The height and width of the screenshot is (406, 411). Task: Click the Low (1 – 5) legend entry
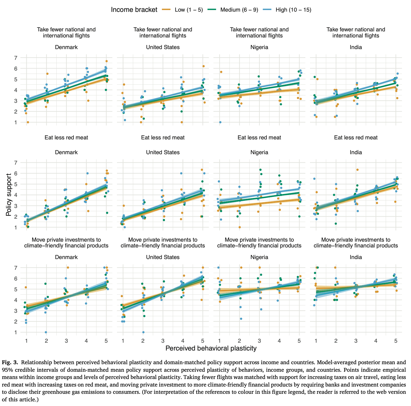coord(189,10)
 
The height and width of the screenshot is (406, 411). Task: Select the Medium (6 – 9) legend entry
coord(239,10)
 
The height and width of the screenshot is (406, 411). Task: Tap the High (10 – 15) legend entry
coord(293,10)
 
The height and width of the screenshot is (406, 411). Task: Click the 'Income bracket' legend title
coord(134,10)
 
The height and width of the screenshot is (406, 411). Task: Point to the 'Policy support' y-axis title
coord(9,195)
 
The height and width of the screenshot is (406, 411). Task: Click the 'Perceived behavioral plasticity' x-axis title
coord(211,348)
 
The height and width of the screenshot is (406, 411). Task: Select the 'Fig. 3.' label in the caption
coord(10,362)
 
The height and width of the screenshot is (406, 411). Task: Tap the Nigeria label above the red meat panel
coord(259,152)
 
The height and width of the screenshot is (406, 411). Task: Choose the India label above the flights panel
coord(356,47)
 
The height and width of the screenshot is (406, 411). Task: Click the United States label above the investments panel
coord(163,257)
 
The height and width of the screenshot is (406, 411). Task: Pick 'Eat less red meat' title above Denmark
coord(66,138)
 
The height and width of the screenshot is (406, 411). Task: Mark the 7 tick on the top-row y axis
coord(16,58)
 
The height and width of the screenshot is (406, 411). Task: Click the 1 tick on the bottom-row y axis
coord(16,332)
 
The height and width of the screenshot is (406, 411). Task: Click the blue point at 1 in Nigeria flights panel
coord(220,122)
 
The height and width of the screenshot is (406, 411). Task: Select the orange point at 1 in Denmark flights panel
coord(28,122)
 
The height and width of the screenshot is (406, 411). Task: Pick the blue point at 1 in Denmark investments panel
coord(46,332)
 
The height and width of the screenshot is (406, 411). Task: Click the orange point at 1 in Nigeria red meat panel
coord(239,227)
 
